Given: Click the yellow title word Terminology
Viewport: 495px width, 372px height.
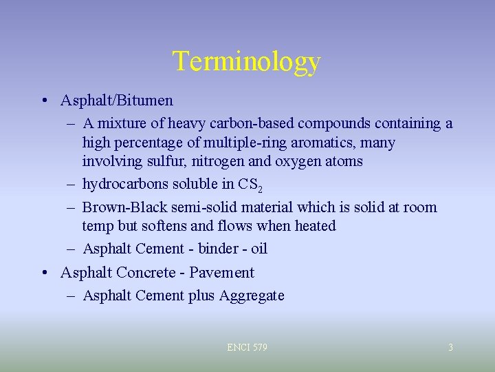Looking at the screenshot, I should click(x=247, y=61).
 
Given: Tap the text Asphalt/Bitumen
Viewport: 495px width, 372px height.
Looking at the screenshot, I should click(x=117, y=101).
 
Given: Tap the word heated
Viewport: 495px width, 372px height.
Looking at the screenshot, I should click(x=315, y=226).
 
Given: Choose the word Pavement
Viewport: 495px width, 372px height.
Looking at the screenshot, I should click(x=221, y=273).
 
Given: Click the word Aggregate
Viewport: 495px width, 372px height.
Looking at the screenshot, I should click(x=251, y=296).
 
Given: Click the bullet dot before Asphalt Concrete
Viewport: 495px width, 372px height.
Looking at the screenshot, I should click(x=44, y=273).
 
